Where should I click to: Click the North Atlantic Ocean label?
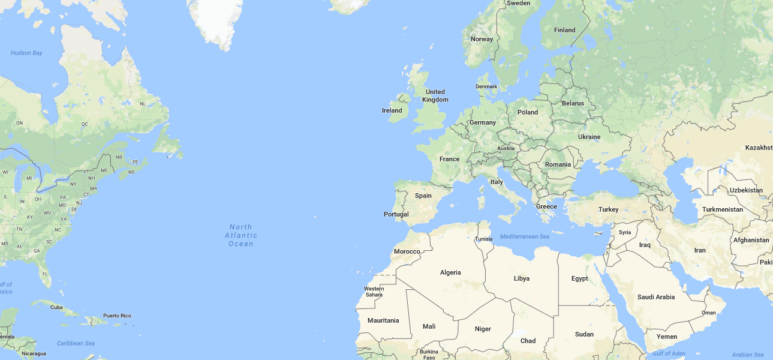point(241,235)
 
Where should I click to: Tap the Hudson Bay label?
point(26,53)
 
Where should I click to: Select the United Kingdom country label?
point(435,96)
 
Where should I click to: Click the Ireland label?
point(392,110)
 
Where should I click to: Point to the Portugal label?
point(396,214)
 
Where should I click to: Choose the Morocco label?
point(407,251)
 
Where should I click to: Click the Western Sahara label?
point(374,292)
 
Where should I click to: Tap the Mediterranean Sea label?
point(525,236)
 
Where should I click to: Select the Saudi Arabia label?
point(656,297)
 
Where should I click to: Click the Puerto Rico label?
point(117,316)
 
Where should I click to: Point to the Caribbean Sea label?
point(76,343)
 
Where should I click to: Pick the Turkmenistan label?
point(723,209)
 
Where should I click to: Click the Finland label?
point(565,30)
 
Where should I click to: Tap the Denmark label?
point(486,86)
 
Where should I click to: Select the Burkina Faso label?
point(429,355)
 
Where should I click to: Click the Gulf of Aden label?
point(669,353)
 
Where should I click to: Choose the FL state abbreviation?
point(45,275)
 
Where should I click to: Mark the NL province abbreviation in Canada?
point(143,104)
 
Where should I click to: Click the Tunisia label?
point(484,239)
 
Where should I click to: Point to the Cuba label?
point(56,307)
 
